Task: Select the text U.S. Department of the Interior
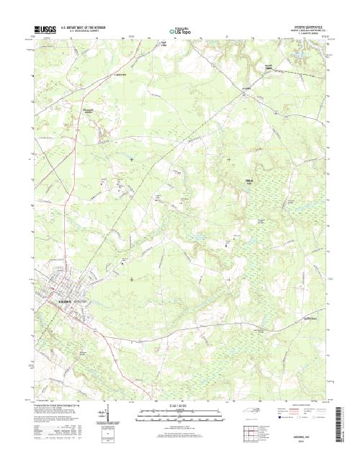tap(92, 26)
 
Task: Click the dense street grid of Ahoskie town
tap(58, 292)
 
